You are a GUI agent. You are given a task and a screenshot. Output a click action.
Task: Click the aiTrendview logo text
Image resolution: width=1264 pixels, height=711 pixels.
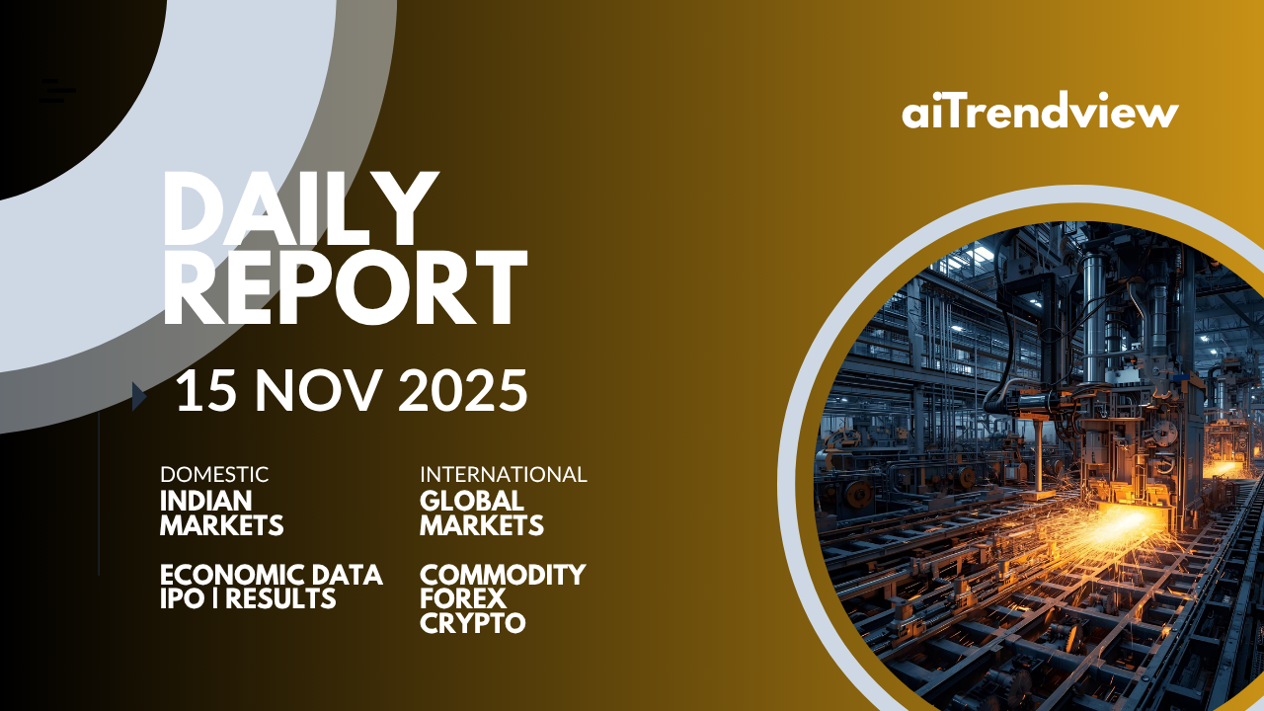coord(1040,110)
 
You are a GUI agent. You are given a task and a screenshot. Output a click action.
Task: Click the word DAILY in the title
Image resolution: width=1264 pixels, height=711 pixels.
coord(301,208)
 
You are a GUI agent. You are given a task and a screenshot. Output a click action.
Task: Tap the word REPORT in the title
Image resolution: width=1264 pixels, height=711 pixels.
coord(345,287)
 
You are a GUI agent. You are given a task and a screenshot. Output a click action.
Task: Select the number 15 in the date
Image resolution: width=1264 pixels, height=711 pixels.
coord(205,390)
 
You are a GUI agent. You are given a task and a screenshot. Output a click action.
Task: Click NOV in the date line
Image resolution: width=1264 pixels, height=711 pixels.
coord(315,390)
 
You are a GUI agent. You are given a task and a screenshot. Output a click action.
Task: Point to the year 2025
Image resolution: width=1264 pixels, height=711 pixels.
coord(463,390)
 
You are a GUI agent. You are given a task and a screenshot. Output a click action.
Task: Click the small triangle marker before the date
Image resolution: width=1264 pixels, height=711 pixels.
coord(139,396)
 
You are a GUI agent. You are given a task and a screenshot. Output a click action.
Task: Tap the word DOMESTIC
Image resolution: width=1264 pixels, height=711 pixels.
coord(214,475)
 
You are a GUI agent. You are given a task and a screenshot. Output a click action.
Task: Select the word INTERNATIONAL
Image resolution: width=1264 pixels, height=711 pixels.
coord(504,475)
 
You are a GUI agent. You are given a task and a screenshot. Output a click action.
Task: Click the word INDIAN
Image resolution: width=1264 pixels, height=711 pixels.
coord(206,501)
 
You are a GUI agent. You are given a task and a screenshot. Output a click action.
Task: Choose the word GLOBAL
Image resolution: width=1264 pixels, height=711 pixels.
coord(472,501)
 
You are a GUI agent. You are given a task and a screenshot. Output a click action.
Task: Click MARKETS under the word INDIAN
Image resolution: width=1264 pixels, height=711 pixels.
coord(222,525)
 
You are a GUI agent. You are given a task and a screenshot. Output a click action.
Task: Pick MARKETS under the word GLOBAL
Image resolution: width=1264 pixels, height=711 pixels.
coord(482,525)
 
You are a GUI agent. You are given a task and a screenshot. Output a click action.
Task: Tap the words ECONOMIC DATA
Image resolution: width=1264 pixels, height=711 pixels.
coord(272,575)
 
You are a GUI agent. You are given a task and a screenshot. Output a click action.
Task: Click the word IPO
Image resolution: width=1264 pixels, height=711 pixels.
coord(183,598)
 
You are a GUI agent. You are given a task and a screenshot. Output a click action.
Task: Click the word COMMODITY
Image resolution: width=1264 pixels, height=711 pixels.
coord(503,575)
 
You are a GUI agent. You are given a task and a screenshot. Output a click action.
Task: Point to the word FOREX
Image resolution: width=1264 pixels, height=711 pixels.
coord(463,598)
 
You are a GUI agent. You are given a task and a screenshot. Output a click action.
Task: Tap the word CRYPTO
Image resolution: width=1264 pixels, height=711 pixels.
coord(473,623)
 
